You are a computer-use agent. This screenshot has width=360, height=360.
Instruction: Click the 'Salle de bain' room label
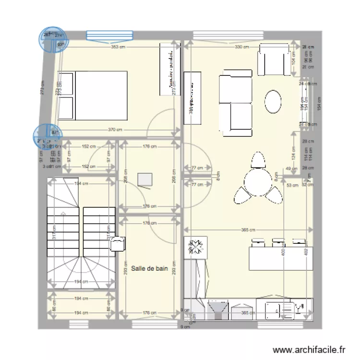click(149, 269)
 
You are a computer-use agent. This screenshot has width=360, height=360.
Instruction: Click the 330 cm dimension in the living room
click(241, 47)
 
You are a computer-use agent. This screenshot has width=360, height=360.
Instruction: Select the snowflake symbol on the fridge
click(196, 247)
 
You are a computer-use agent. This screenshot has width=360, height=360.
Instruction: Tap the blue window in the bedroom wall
click(109, 35)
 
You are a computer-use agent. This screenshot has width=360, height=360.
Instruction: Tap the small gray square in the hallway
click(144, 179)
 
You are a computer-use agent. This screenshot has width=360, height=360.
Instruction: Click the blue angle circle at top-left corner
click(51, 39)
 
